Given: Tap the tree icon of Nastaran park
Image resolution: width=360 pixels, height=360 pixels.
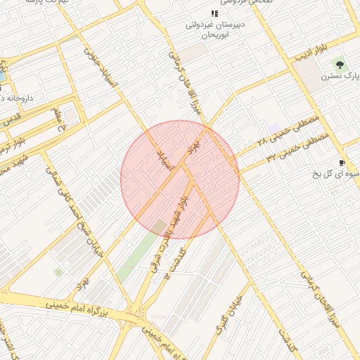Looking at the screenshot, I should [x=341, y=64].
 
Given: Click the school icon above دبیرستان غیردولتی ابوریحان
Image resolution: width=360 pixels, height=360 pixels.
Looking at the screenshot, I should [x=214, y=13].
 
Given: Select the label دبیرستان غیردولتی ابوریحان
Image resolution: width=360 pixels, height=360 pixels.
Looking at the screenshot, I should [x=213, y=29].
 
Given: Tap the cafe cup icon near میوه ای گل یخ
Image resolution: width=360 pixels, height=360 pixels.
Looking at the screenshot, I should [x=342, y=162].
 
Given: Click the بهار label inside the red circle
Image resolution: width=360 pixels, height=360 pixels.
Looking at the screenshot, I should [x=194, y=147].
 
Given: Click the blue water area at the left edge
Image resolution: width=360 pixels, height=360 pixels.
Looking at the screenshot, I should [x=2, y=73].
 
